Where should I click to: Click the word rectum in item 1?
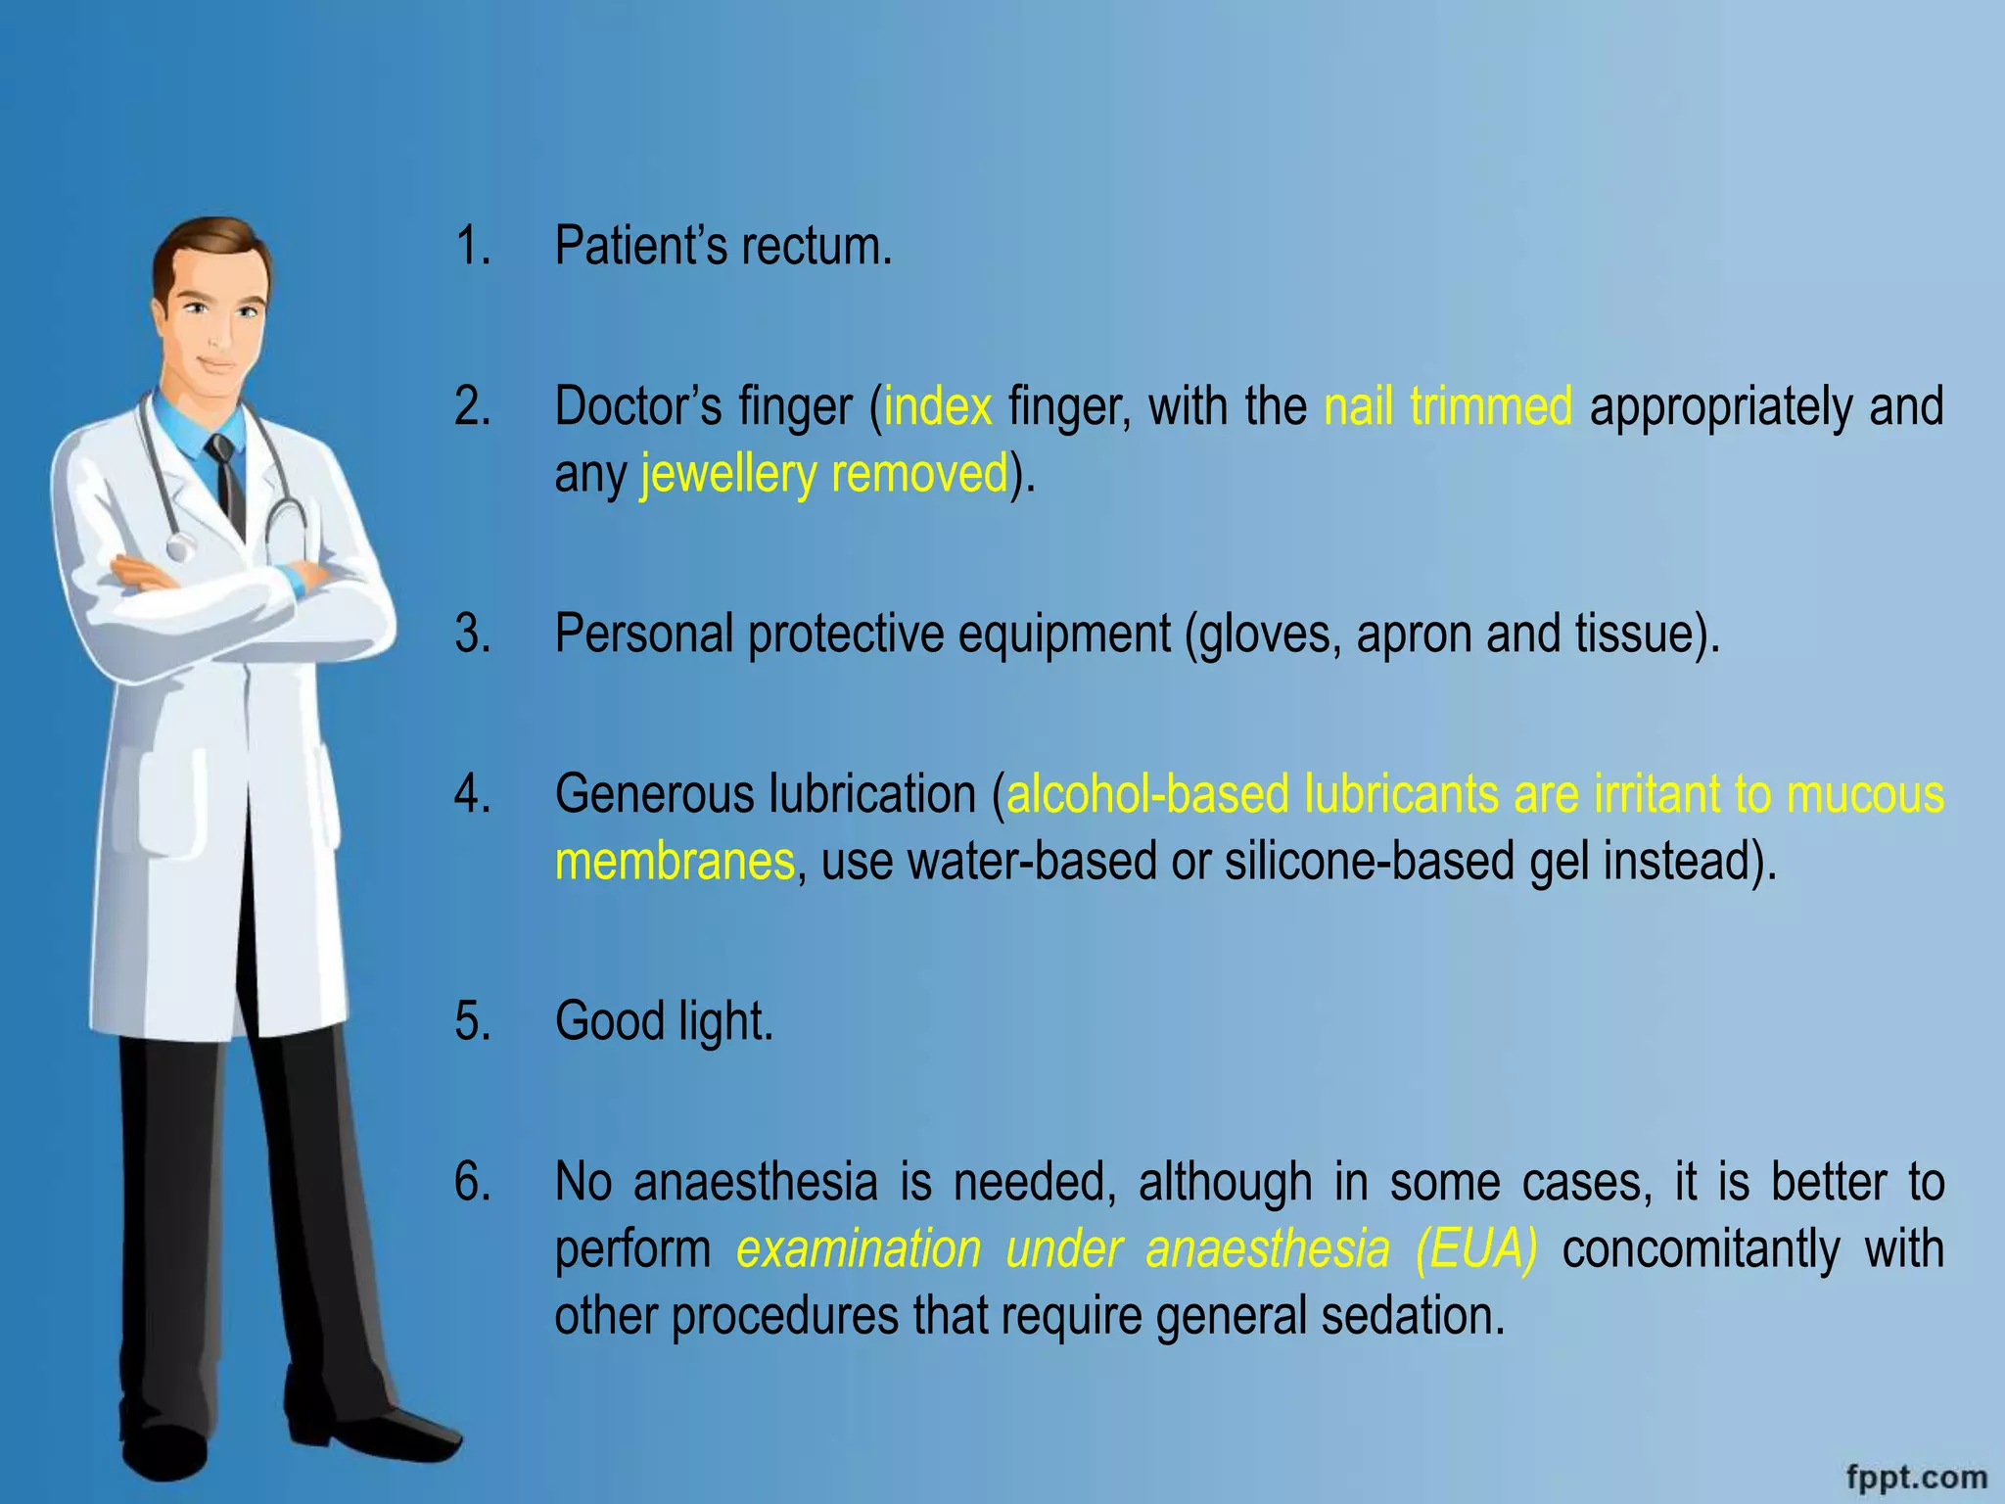[x=816, y=247]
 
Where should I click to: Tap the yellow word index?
[x=938, y=406]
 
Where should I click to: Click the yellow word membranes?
[x=675, y=862]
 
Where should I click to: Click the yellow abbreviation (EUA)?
[x=1476, y=1249]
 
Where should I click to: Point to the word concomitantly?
[x=1702, y=1249]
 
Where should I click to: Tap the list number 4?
[x=472, y=794]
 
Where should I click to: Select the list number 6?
[x=472, y=1182]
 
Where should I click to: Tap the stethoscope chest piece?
[x=178, y=547]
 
